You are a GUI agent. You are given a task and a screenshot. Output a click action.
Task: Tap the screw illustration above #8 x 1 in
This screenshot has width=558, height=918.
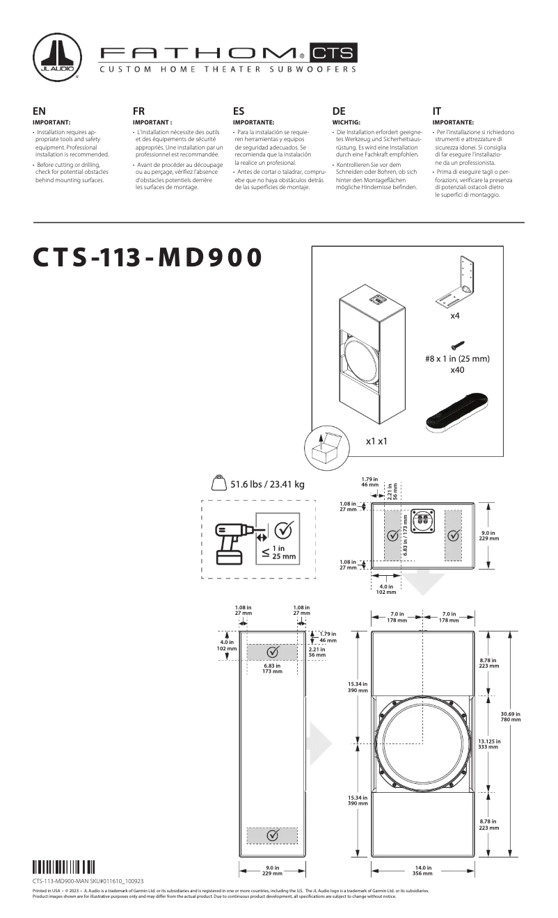pyautogui.click(x=457, y=344)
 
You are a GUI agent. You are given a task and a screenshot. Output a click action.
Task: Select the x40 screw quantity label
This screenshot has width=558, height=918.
pyautogui.click(x=457, y=371)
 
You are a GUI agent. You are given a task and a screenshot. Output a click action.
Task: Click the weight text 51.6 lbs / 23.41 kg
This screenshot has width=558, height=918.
pyautogui.click(x=267, y=484)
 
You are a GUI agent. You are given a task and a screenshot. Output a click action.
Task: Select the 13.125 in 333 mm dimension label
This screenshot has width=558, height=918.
pyautogui.click(x=489, y=743)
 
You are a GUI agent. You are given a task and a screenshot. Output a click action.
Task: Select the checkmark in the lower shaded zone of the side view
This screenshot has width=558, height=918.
pyautogui.click(x=273, y=835)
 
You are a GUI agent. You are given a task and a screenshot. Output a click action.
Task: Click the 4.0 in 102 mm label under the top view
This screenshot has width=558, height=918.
pyautogui.click(x=386, y=590)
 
